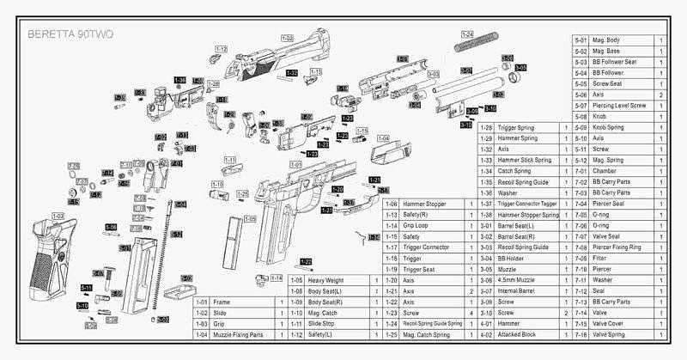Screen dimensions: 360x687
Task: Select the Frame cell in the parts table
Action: point(221,302)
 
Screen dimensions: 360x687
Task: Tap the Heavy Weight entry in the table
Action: point(328,280)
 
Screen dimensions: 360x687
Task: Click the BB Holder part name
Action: point(514,258)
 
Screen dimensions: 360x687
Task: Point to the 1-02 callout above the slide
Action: point(287,39)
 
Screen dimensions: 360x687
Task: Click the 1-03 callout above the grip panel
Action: point(58,216)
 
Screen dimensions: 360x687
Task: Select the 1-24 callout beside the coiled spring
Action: point(467,34)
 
